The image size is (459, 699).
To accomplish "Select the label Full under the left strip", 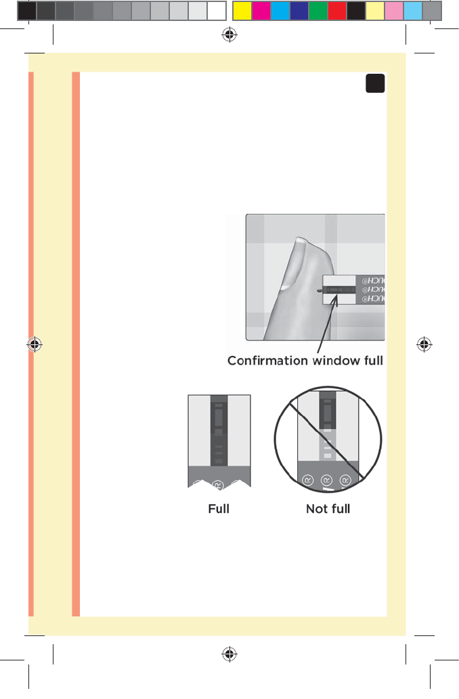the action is coord(219,508).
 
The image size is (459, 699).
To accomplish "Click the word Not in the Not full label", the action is coord(317,508).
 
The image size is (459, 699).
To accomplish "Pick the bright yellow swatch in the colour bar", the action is coord(242,10).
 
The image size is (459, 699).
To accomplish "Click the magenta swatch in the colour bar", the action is coord(261,10).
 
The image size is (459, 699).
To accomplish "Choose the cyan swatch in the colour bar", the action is coord(280,10).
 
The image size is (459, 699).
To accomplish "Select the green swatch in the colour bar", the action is coord(318,10).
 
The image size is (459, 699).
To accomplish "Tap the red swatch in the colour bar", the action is coord(337,10).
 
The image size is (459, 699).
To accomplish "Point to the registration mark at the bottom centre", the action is coord(229,654).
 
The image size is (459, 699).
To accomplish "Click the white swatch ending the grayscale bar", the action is coord(216,10).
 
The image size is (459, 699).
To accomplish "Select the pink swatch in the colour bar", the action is coord(394,10).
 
